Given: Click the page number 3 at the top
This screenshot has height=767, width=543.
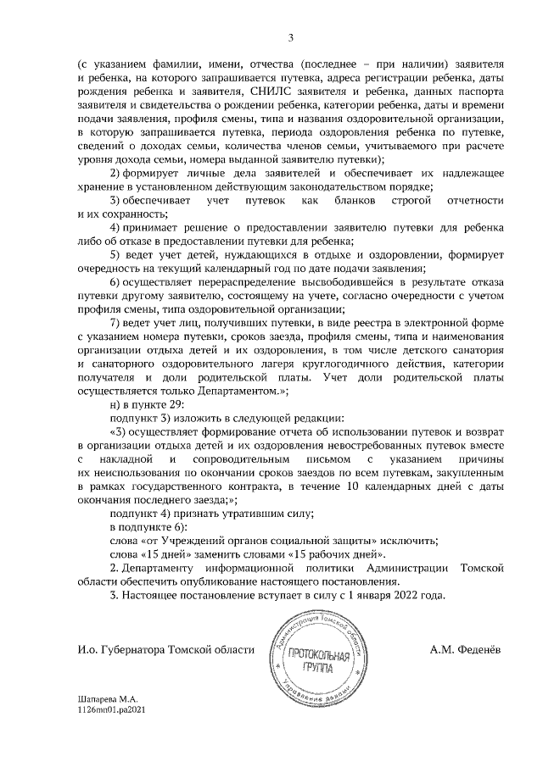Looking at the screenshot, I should point(290,37).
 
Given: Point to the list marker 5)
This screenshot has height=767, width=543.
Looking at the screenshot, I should point(118,254).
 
